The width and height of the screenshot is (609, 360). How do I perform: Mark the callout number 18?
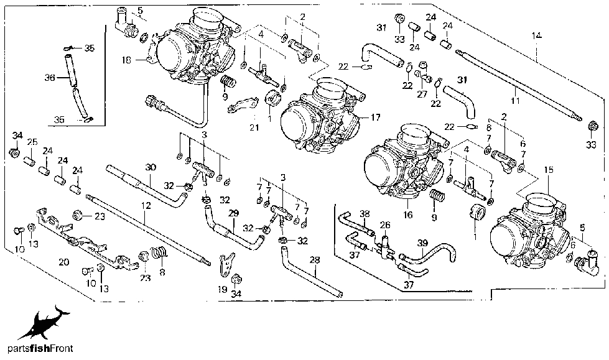pos(126,60)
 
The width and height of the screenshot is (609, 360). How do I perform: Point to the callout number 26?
pos(386,225)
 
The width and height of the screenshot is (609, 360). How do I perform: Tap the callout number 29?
pos(234,213)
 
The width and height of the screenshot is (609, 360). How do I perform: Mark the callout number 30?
pos(149,166)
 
